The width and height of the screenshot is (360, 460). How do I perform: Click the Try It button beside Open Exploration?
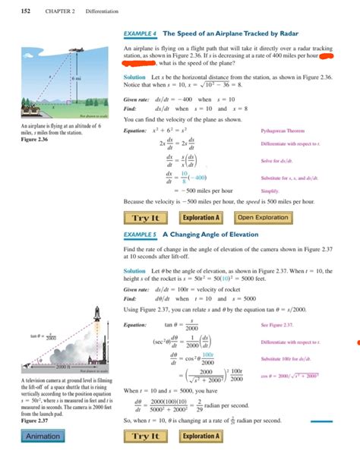[x=145, y=218]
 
